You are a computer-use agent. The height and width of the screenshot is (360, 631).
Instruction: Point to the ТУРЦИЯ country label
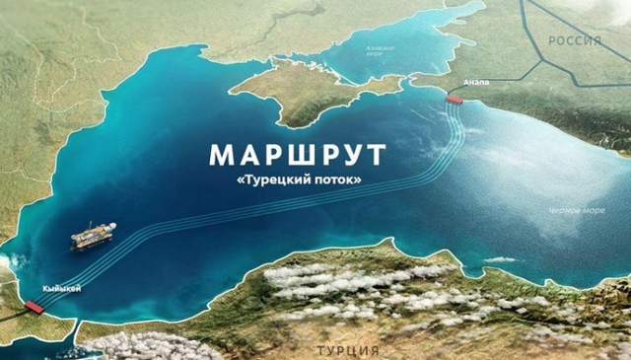click(346, 350)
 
